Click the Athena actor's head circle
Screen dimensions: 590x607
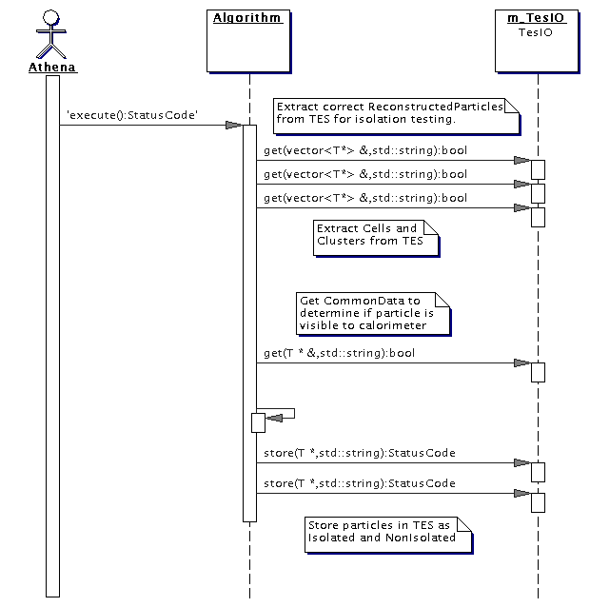point(50,18)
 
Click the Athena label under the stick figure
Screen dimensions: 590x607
point(52,67)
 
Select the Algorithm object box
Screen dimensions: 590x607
point(248,41)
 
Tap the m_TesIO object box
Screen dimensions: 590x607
point(537,41)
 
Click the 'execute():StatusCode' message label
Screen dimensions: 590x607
point(132,115)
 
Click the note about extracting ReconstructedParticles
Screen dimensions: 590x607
point(396,116)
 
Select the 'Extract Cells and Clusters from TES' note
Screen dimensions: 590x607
point(376,238)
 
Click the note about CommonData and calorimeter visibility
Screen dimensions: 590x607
point(373,313)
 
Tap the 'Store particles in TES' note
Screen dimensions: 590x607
point(388,535)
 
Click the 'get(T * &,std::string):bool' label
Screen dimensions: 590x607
point(339,353)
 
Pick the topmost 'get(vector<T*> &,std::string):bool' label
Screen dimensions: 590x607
point(365,150)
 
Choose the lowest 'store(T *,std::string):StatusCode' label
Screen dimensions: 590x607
point(360,483)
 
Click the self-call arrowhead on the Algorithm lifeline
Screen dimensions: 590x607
point(274,418)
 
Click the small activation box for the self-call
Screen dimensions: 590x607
point(258,422)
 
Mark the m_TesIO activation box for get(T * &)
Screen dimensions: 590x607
point(538,372)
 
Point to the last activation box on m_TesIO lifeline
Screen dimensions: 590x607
point(538,502)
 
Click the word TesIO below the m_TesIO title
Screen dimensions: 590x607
point(536,32)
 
